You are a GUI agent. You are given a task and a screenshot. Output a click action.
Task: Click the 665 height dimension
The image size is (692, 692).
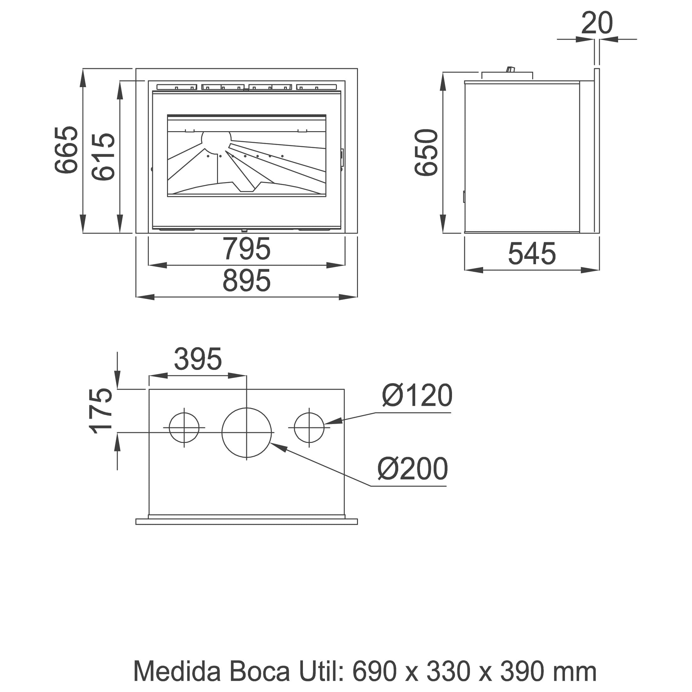[x=66, y=150]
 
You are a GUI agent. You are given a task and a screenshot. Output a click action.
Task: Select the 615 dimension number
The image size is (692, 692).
[x=103, y=157]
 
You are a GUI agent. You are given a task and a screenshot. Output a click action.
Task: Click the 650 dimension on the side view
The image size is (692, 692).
[x=426, y=152]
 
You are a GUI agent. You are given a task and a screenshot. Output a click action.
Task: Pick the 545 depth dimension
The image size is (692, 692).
[x=532, y=254]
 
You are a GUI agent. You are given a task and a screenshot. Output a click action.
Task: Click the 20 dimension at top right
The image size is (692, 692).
[x=597, y=23]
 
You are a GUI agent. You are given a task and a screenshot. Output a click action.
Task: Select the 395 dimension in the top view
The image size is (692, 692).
[x=198, y=359]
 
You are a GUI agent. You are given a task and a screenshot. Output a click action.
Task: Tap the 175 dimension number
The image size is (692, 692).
[x=100, y=410]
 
